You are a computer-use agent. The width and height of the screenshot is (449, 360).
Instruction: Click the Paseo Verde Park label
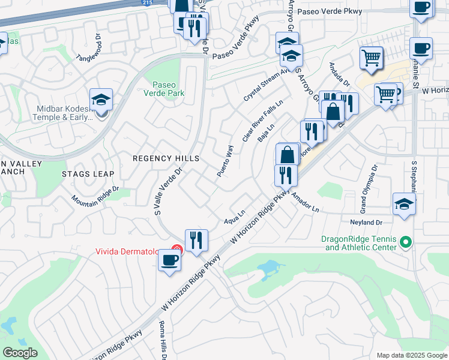click(x=164, y=89)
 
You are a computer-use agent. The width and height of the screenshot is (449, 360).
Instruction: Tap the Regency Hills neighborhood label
click(x=166, y=158)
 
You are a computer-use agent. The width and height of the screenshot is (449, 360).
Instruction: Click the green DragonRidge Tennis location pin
click(x=406, y=242)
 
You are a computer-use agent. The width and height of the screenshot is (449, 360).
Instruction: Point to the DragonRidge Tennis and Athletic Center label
click(x=359, y=243)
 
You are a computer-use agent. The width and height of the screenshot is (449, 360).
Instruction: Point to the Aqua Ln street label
click(x=235, y=217)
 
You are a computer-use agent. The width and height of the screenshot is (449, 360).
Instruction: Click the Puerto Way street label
click(x=224, y=160)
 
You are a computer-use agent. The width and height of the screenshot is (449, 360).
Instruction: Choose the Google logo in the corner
click(x=20, y=353)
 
